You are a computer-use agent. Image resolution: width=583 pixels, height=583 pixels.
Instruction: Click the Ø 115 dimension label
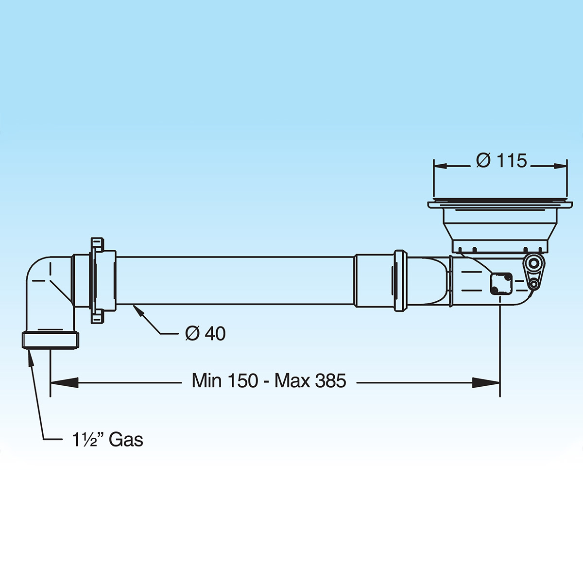(501, 160)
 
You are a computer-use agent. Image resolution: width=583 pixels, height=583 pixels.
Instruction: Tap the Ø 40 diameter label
(206, 333)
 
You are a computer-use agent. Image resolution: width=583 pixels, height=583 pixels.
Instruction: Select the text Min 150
(225, 380)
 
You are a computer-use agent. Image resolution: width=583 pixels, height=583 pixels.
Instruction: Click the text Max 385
(310, 380)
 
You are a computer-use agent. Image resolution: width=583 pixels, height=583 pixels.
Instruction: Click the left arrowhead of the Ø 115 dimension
(440, 166)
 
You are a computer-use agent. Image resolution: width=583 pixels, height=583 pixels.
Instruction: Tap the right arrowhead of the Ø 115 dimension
(560, 166)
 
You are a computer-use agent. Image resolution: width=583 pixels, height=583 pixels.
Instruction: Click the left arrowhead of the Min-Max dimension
(64, 383)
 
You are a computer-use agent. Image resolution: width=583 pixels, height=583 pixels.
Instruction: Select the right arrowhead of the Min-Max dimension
(486, 383)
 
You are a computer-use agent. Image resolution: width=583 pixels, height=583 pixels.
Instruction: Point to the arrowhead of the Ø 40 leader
(137, 310)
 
